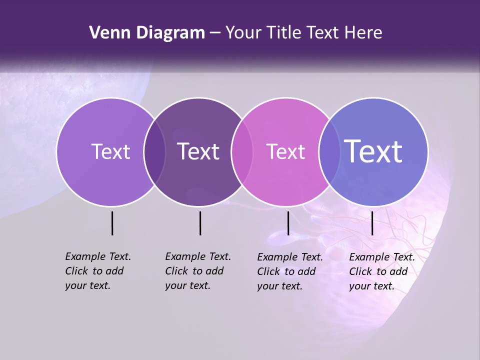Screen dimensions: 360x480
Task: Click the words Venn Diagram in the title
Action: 147,33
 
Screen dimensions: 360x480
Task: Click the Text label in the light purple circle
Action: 110,151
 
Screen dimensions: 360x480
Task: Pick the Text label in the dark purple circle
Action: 198,151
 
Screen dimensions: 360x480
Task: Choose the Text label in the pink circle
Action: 285,151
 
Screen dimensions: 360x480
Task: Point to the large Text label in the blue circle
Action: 373,151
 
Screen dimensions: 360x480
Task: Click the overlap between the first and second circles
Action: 154,152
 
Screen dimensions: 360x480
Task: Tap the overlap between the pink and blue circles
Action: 329,152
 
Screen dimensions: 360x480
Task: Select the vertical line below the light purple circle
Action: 112,223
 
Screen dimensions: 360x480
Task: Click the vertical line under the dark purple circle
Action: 200,223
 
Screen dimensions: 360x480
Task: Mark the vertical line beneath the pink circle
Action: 288,223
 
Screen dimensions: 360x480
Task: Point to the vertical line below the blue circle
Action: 372,223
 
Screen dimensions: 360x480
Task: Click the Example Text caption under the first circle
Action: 98,271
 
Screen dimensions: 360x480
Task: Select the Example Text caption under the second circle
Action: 198,271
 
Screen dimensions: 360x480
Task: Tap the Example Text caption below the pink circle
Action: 290,271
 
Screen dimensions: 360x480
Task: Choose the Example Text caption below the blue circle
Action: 382,271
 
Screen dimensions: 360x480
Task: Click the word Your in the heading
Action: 243,33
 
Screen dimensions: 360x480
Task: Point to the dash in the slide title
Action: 215,33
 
